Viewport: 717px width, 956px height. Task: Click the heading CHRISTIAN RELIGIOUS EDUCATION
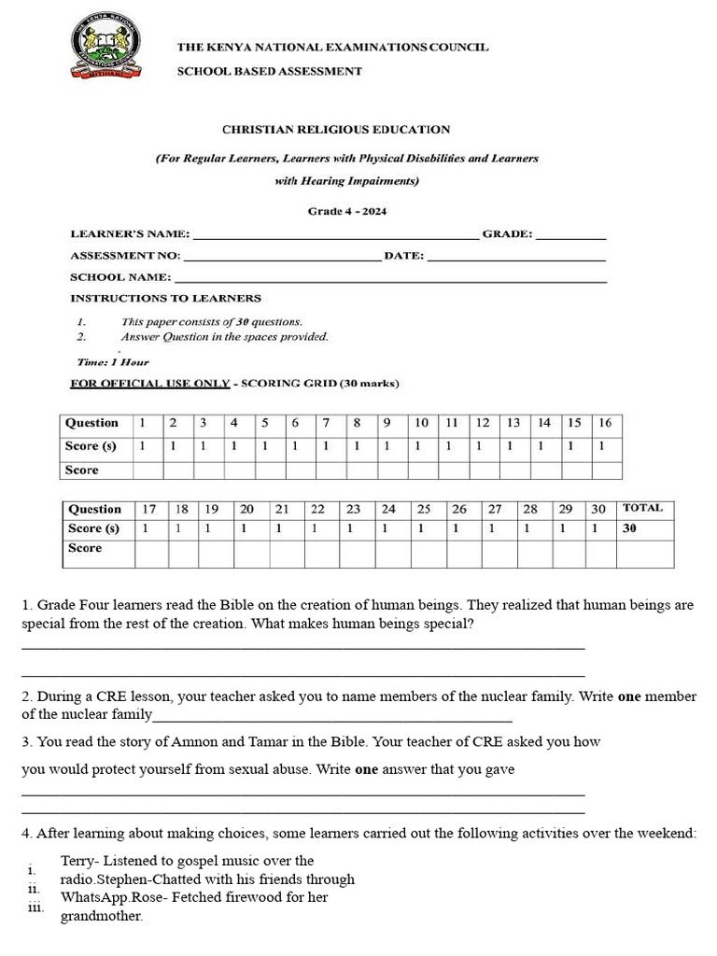tap(335, 130)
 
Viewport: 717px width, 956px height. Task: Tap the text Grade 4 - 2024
tap(347, 211)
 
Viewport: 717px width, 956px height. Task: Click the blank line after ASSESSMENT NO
tap(282, 258)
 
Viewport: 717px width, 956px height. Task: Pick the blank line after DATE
tap(515, 258)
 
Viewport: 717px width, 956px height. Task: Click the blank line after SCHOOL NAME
tap(390, 279)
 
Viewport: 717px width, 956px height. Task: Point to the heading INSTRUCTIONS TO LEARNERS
tap(165, 299)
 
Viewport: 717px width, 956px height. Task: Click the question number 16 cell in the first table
tap(605, 423)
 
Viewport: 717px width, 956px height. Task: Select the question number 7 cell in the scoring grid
tap(326, 423)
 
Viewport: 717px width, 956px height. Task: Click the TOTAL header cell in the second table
tap(643, 509)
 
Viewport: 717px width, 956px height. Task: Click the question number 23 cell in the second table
tap(353, 509)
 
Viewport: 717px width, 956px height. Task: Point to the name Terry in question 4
tap(78, 861)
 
